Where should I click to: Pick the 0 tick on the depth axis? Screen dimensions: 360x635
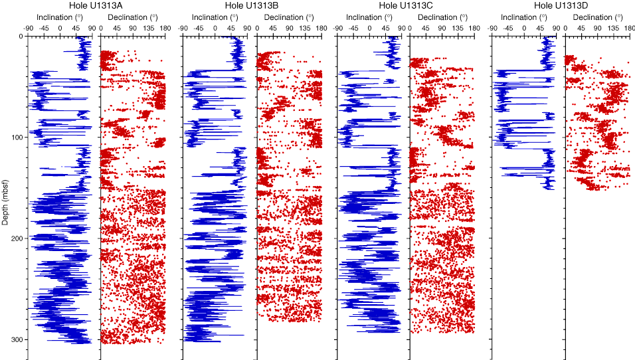[21, 36]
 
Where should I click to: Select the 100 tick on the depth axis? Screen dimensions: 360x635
[18, 137]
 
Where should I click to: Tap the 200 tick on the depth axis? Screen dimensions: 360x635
[18, 238]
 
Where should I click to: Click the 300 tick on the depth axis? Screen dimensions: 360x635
[18, 339]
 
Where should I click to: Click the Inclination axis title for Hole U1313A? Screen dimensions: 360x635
[59, 17]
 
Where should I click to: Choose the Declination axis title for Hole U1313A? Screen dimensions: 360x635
[132, 17]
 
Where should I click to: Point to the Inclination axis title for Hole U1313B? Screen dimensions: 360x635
[214, 17]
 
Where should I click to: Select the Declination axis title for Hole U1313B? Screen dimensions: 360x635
[287, 17]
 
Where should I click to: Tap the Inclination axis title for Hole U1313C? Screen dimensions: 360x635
[369, 17]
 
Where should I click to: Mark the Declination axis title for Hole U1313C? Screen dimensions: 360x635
[442, 17]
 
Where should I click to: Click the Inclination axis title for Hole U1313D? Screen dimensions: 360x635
[523, 17]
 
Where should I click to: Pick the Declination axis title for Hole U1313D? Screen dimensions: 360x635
[596, 17]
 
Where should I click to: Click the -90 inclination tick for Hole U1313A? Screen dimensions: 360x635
[29, 28]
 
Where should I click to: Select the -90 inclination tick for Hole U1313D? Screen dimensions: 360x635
[492, 28]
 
